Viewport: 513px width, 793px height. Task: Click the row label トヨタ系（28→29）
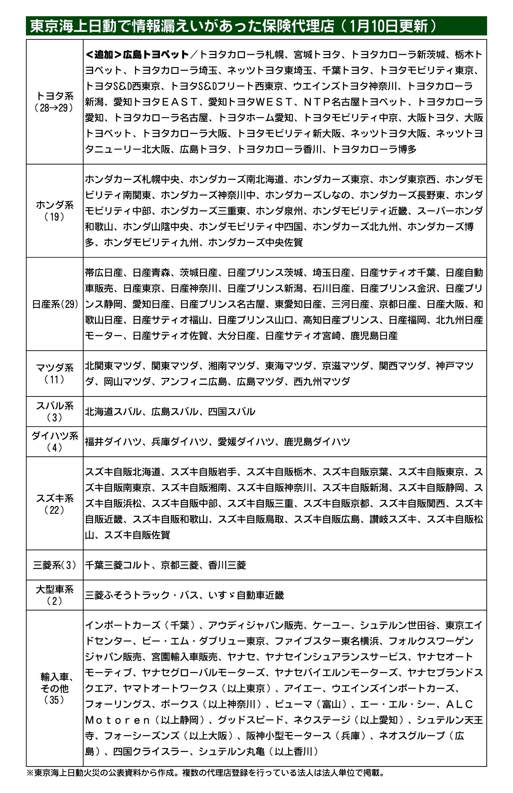(x=55, y=102)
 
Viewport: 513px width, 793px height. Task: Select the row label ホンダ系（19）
(x=55, y=211)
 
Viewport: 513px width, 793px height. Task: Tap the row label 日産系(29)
(x=55, y=304)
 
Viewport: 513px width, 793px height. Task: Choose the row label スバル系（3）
(x=55, y=411)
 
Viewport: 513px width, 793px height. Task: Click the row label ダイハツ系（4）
(x=55, y=442)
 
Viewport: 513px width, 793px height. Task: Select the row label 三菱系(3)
(x=55, y=565)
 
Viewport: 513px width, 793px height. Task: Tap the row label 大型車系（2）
(x=55, y=595)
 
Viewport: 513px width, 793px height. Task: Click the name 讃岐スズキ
(x=393, y=519)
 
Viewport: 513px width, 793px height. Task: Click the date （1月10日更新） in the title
(x=388, y=26)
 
